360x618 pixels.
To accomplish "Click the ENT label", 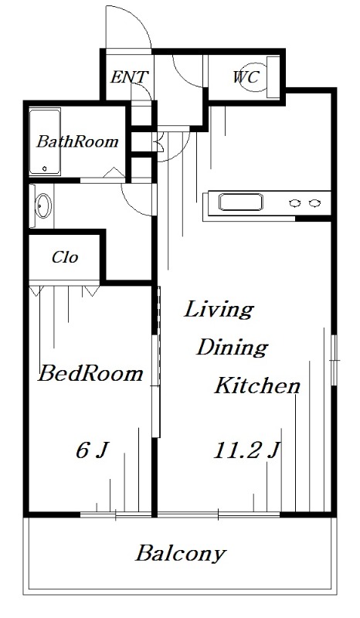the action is click(x=129, y=76).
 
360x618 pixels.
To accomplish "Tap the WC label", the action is click(x=246, y=76).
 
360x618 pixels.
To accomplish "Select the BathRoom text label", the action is click(x=77, y=141).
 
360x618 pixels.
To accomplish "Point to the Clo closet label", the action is click(x=65, y=258).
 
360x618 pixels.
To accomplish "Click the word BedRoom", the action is click(x=90, y=373).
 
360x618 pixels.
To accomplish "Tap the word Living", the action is click(x=219, y=310).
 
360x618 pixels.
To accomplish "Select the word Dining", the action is click(x=233, y=348).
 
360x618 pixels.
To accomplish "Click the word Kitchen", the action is click(x=257, y=385).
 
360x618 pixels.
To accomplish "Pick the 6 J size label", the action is click(x=92, y=450).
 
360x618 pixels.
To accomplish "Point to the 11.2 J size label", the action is click(x=247, y=450).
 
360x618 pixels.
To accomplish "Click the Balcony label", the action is click(x=181, y=554).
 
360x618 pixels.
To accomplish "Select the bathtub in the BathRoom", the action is click(x=45, y=142).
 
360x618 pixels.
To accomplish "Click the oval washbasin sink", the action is click(x=43, y=205).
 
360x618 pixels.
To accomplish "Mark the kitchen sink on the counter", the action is click(x=240, y=202).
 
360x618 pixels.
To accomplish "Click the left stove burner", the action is click(x=294, y=203).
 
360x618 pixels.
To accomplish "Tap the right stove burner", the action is click(x=314, y=203).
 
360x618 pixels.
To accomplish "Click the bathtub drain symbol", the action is click(x=45, y=168).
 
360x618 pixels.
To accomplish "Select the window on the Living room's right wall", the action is click(x=335, y=359).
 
